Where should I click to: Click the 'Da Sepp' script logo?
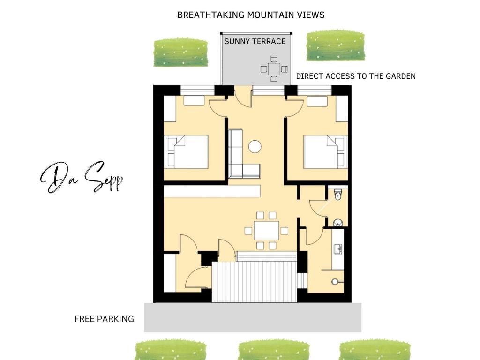(82, 178)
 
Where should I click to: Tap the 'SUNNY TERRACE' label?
(255, 41)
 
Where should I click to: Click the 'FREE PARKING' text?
(104, 319)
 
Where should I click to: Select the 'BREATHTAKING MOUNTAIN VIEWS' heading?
(251, 15)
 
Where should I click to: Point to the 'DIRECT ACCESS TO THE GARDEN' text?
(355, 76)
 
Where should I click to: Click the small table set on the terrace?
(274, 69)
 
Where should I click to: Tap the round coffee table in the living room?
(255, 147)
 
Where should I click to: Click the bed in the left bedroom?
(188, 152)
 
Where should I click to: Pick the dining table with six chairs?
(266, 230)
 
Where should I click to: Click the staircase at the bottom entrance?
(254, 281)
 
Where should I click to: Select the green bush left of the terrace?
(180, 52)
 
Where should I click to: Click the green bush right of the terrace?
(335, 46)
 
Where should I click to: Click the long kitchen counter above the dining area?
(212, 191)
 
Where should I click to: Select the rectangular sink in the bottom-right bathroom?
(337, 248)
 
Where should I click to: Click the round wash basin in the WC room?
(338, 222)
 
